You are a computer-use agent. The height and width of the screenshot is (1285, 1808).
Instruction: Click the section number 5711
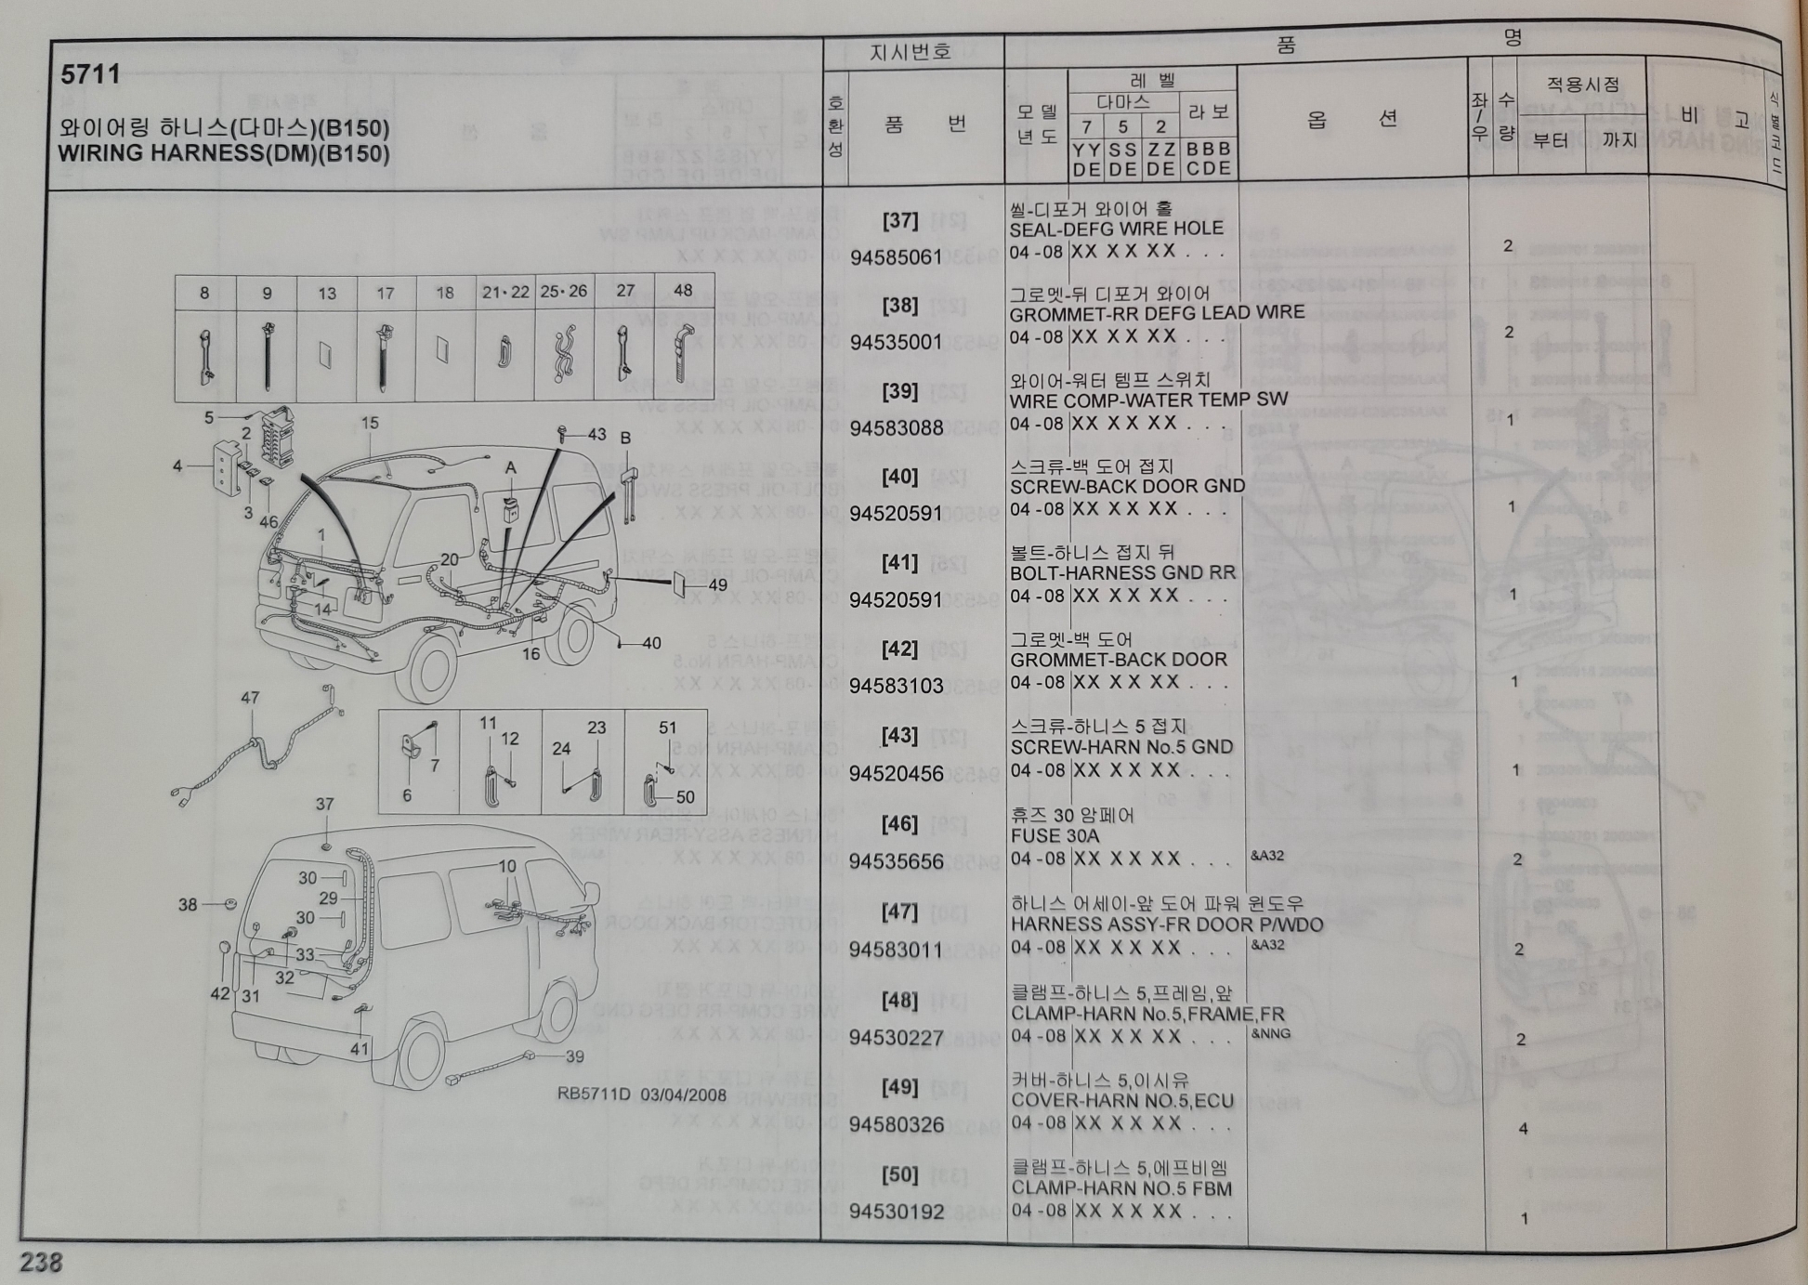click(x=90, y=74)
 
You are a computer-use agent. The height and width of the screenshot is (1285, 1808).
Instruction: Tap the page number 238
click(x=42, y=1262)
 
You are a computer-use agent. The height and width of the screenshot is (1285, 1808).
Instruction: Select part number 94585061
click(x=896, y=257)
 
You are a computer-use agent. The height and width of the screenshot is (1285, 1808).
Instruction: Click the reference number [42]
click(x=899, y=649)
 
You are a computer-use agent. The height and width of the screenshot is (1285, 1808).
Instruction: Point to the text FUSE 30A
click(x=1055, y=835)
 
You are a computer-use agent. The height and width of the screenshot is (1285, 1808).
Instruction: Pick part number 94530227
click(x=896, y=1037)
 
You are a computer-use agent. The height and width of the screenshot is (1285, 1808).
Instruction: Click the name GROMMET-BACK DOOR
click(x=1119, y=660)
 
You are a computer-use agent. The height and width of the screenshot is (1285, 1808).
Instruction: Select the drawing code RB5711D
click(x=593, y=1094)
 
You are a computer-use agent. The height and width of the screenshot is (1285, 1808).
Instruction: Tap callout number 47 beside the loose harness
click(x=250, y=698)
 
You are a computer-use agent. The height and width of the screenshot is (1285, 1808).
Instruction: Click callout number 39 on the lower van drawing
click(x=574, y=1056)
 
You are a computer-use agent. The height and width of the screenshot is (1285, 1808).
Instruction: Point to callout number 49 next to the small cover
click(x=717, y=584)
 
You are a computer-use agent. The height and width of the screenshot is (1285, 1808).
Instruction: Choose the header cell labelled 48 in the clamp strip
click(x=683, y=291)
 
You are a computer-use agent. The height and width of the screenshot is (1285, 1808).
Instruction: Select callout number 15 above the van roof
click(x=370, y=423)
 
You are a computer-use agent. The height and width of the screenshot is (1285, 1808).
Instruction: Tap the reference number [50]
click(x=899, y=1174)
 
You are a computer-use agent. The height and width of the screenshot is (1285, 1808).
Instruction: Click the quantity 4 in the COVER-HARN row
click(x=1522, y=1129)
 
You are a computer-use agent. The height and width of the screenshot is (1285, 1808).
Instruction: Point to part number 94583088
click(x=896, y=428)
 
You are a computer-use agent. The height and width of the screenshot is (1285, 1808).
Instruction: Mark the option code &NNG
click(x=1270, y=1033)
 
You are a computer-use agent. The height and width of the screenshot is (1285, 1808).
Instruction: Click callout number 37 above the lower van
click(x=324, y=805)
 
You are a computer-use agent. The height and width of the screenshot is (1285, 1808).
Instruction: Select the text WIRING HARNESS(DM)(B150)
click(x=223, y=153)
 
